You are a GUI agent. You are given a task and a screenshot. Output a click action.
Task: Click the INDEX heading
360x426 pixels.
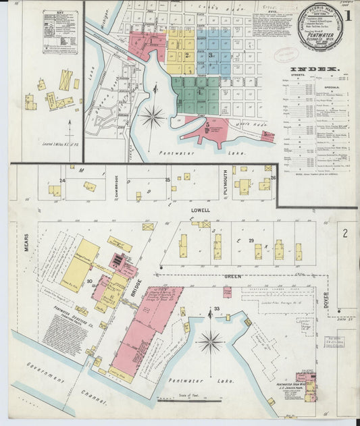(x=314, y=70)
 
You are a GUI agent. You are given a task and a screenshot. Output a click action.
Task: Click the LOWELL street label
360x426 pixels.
(x=201, y=211)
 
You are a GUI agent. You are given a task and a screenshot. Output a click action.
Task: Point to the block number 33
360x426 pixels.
(x=217, y=309)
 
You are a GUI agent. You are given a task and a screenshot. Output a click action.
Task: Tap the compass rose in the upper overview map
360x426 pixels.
(x=153, y=117)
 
